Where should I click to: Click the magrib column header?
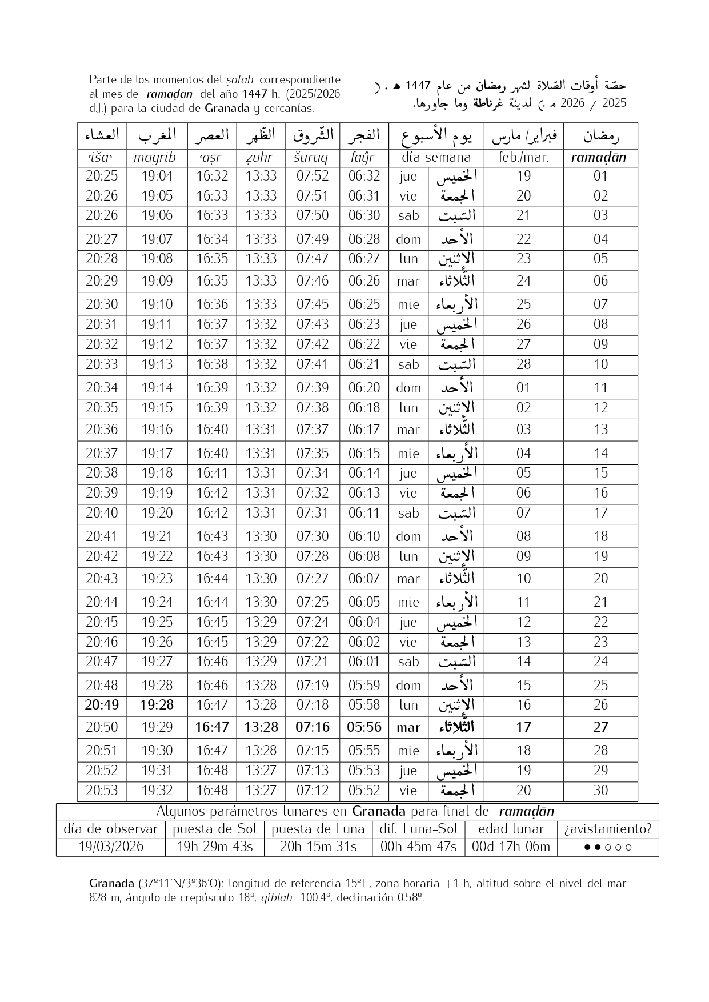point(154,158)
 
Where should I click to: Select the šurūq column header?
point(311,158)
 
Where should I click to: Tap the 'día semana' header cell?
point(436,158)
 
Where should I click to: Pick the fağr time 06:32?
point(364,176)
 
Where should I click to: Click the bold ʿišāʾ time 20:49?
point(102,705)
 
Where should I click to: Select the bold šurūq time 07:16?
point(313,727)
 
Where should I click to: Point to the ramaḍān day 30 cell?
point(600,791)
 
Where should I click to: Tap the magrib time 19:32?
point(157,791)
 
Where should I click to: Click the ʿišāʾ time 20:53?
point(102,791)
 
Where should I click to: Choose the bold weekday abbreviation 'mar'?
point(408,727)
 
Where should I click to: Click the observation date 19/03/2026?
point(111,847)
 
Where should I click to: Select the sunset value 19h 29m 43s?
point(215,847)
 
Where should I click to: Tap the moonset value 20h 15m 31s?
point(318,847)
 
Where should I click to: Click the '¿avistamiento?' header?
point(608,829)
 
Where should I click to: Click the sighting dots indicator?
point(608,847)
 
